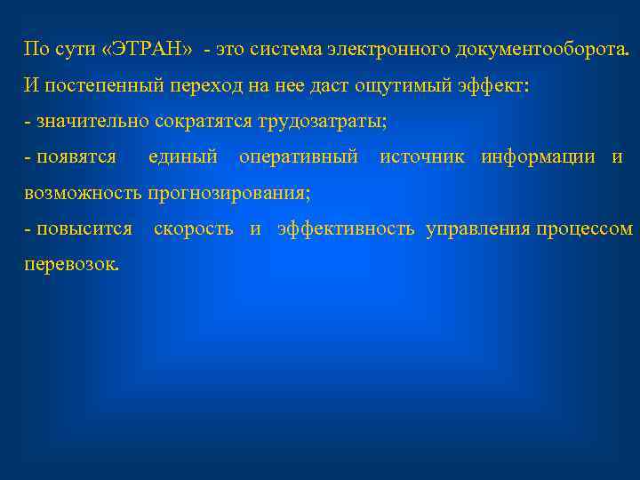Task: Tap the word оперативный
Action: [299, 157]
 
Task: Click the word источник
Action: [425, 157]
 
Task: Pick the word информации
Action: [539, 157]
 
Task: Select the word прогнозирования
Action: [229, 193]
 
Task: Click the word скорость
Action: [194, 228]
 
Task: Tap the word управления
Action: [478, 228]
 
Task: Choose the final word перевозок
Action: [70, 265]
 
